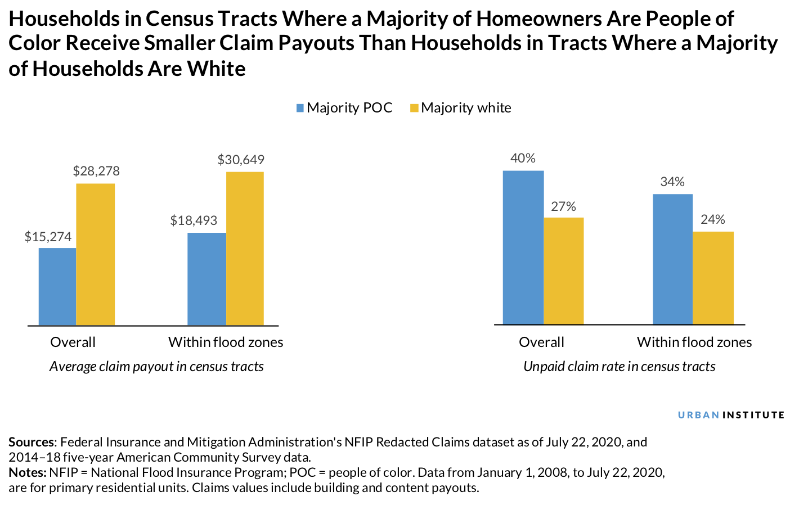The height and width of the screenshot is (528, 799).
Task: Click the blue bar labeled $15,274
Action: point(57,286)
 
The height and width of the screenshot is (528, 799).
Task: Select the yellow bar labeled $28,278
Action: point(96,254)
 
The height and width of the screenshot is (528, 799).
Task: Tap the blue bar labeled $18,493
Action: point(207,279)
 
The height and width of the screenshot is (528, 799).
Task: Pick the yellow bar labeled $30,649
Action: point(245,248)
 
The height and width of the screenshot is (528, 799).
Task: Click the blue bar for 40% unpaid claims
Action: point(523,247)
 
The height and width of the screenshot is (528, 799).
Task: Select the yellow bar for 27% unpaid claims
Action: point(564,271)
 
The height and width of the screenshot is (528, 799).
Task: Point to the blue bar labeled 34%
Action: point(672,259)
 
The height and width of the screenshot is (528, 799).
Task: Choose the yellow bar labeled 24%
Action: point(713,278)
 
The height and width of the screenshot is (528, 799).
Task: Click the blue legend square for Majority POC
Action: point(300,108)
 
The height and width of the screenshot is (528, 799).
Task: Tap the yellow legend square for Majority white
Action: point(414,108)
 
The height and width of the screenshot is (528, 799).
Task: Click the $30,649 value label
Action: point(241,160)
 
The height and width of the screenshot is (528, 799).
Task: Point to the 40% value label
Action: point(523,159)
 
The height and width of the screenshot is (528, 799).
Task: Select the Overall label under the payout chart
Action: point(73,342)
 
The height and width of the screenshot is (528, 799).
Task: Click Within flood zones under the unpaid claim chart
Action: point(694,342)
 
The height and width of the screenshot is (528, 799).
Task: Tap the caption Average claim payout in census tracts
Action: point(156,367)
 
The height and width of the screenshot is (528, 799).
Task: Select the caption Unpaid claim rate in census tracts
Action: point(619,367)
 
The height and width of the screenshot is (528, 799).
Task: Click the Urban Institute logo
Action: point(731,415)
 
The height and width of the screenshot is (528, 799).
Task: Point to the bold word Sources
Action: point(32,442)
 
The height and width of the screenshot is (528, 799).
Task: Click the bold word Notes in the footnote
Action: point(27,472)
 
